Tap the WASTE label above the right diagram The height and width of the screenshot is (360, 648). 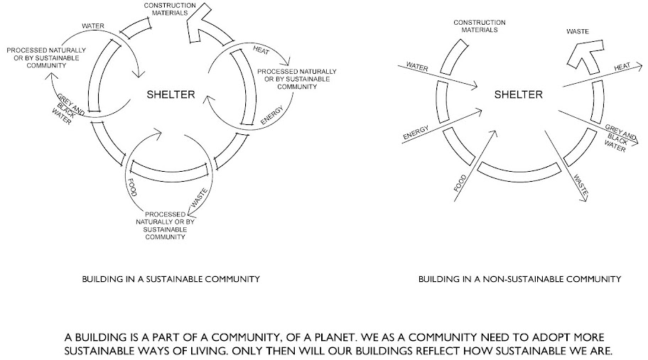576,31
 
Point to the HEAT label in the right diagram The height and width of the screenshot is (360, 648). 622,67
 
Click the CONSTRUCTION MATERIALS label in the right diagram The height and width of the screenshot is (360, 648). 475,26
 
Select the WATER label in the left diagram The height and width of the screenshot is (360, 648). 93,26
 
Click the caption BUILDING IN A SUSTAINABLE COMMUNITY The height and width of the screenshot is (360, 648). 171,280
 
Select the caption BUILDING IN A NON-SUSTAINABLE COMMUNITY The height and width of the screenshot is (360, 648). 519,280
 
